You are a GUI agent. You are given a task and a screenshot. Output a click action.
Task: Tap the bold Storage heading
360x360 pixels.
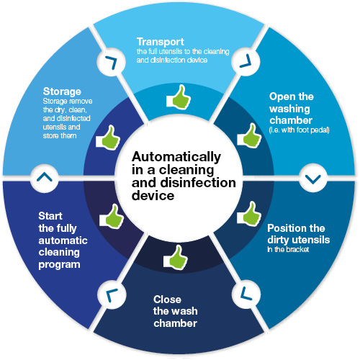[63, 92]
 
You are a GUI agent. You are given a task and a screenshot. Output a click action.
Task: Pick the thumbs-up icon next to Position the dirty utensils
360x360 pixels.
[248, 214]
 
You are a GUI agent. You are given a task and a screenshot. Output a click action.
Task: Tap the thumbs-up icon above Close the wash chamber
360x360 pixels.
[177, 255]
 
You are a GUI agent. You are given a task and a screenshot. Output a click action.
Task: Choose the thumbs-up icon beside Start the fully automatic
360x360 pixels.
[110, 215]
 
